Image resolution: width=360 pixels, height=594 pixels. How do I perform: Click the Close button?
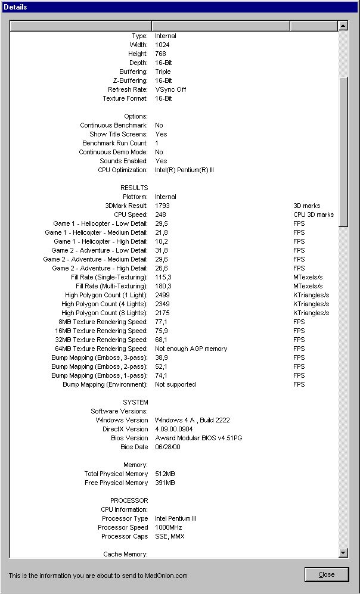pos(326,574)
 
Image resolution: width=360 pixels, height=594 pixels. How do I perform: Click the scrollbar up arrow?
pos(343,26)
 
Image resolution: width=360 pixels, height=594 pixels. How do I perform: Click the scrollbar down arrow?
pos(343,553)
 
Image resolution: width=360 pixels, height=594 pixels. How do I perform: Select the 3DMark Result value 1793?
pos(162,206)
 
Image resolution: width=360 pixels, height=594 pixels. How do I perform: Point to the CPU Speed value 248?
pos(160,214)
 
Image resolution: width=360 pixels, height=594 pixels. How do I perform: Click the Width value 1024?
pos(162,45)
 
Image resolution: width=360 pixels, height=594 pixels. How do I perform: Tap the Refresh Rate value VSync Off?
pos(170,89)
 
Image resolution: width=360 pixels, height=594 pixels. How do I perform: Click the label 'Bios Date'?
pos(134,447)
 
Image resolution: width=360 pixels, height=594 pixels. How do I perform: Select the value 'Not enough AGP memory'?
pos(191,349)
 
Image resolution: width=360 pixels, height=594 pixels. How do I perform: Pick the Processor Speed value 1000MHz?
pos(168,527)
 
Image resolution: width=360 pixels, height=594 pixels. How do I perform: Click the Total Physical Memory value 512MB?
pos(165,474)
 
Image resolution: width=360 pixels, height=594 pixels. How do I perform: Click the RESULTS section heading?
pos(134,188)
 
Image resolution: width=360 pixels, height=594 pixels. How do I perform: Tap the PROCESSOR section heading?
pos(129,500)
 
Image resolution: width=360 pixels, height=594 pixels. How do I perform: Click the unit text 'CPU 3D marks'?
pos(314,214)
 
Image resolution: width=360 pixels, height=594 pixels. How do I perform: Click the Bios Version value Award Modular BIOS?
pos(198,438)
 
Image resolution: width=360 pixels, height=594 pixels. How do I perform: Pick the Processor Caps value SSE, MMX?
pos(169,536)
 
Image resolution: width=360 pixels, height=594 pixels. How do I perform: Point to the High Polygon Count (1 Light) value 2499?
pos(162,295)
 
